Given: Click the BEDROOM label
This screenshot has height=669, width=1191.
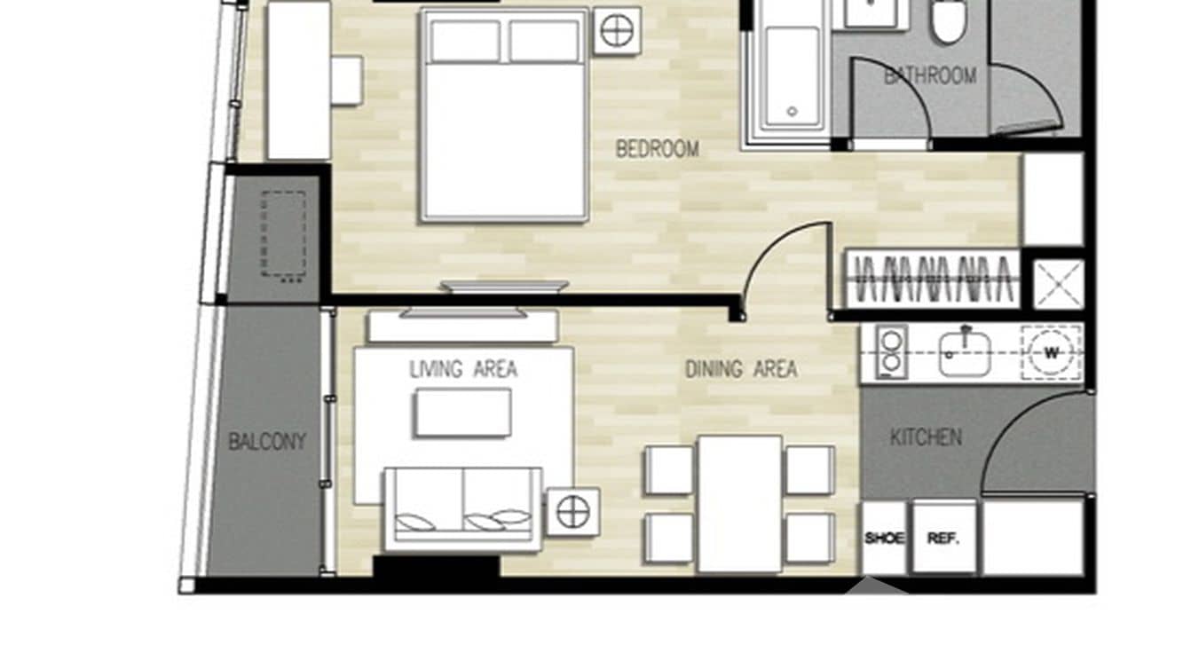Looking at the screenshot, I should click(x=657, y=148).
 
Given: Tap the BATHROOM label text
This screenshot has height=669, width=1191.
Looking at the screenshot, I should click(x=929, y=76).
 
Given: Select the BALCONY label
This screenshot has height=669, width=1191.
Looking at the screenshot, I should click(x=266, y=442).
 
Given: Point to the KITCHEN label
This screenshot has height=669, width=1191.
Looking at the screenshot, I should click(x=925, y=437).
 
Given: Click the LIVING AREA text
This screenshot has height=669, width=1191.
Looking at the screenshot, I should click(x=463, y=369).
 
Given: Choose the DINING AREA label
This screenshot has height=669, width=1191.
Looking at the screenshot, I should click(x=740, y=369).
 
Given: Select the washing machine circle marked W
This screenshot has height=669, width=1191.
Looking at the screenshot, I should click(x=1051, y=353).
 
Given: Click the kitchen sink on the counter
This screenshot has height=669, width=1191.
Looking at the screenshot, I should click(x=964, y=353).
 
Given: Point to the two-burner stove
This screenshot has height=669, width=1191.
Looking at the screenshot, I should click(x=890, y=351).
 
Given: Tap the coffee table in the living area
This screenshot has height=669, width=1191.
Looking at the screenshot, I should click(x=462, y=413).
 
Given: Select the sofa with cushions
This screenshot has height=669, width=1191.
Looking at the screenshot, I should click(x=462, y=508).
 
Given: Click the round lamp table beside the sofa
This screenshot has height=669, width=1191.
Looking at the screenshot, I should click(x=572, y=512).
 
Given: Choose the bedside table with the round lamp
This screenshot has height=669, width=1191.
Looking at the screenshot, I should click(x=617, y=31).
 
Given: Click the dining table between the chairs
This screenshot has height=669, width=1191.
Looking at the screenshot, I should click(x=739, y=503).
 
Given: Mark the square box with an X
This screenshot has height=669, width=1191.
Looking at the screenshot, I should click(x=1059, y=285).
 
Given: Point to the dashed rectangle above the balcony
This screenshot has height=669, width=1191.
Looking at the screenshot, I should click(x=283, y=235).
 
